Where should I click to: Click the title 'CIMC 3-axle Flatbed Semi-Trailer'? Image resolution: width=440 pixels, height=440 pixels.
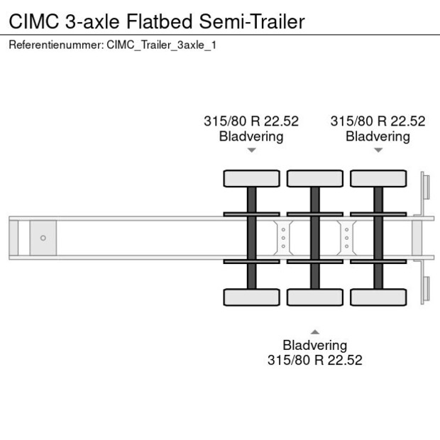pos(156,21)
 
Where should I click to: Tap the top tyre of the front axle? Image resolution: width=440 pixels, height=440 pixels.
pos(251,178)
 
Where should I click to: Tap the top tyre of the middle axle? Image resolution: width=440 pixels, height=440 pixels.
pos(314,178)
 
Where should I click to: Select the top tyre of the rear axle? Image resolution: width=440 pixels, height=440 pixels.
pos(378,178)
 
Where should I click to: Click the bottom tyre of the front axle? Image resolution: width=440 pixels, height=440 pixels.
pos(251,297)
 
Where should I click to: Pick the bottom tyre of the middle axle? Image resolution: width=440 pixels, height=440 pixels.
pos(314,297)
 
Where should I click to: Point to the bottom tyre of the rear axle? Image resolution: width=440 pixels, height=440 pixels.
pos(378,297)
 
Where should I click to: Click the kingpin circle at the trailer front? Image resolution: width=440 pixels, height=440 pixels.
pos(43,238)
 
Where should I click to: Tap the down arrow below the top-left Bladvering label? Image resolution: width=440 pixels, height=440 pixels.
pos(251,150)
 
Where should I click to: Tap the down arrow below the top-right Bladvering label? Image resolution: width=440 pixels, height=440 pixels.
pos(378,150)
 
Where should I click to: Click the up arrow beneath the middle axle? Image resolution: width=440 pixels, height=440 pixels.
pos(314,331)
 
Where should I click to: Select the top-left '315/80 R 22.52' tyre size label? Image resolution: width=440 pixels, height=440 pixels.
pos(251,121)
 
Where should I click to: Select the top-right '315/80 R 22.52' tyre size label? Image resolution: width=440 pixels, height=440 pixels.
pos(378,121)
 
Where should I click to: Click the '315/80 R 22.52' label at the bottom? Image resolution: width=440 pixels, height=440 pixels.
pos(314,360)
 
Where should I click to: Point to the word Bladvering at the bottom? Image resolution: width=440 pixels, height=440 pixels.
pos(314,345)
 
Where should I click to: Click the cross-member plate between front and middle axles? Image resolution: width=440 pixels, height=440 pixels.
pos(283,238)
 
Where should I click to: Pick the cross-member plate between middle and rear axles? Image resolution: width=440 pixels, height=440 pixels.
pos(346,238)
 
